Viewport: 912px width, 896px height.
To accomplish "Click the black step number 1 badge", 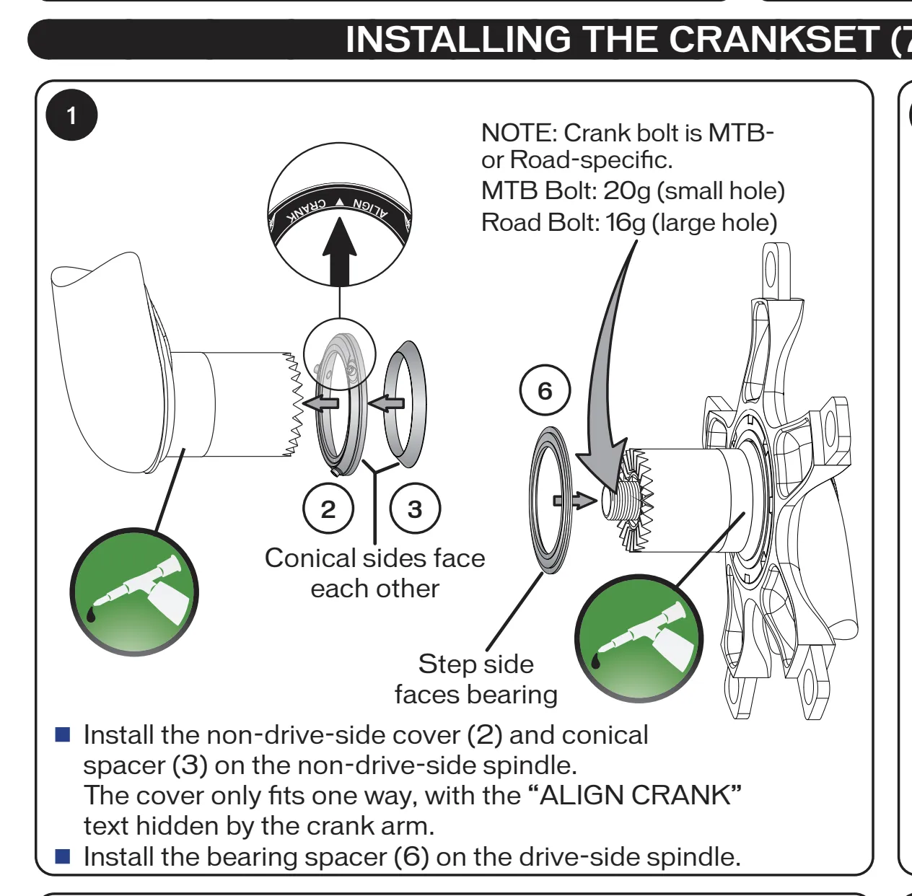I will pyautogui.click(x=71, y=115).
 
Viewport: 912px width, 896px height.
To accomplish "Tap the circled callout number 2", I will pyautogui.click(x=328, y=509).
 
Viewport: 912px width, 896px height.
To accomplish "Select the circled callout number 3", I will pyautogui.click(x=415, y=509).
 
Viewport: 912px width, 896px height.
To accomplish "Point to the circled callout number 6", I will pyautogui.click(x=545, y=390).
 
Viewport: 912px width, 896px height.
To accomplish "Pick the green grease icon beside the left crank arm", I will pyautogui.click(x=134, y=592).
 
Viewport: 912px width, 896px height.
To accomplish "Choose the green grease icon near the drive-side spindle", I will pyautogui.click(x=639, y=638).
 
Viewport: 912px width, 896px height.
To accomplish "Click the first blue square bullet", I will pyautogui.click(x=63, y=735).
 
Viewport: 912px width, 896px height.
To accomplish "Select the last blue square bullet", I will pyautogui.click(x=63, y=856).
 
